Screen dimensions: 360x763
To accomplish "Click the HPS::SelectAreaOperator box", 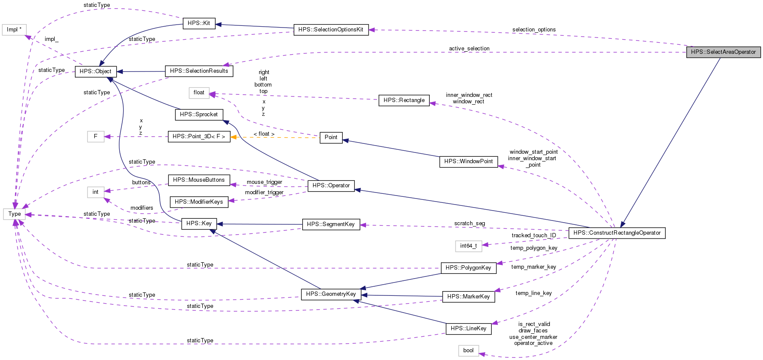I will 723,52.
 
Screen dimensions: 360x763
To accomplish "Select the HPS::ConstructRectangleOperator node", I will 617,233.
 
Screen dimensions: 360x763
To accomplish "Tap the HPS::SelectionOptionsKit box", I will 331,30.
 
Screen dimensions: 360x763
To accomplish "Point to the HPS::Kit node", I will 199,23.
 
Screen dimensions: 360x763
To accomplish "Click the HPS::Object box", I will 96,71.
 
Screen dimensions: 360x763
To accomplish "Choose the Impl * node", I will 14,30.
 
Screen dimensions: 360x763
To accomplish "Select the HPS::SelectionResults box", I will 199,71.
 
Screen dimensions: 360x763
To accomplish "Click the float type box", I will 199,93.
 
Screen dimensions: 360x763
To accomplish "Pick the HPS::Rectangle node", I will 404,100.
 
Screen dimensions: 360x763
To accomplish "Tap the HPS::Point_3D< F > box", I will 199,137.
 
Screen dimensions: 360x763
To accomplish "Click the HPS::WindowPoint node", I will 468,161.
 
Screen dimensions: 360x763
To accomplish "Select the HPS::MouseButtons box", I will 199,180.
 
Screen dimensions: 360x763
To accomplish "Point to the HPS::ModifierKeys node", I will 199,202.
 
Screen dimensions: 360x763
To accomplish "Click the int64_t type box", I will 468,246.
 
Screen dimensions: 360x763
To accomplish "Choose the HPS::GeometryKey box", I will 331,294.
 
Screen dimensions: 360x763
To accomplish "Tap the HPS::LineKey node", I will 468,329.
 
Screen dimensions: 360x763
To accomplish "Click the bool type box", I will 468,351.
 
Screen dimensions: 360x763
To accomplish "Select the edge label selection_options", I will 533,30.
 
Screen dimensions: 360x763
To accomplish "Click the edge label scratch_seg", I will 469,223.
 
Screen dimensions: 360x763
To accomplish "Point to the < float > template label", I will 264,134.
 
